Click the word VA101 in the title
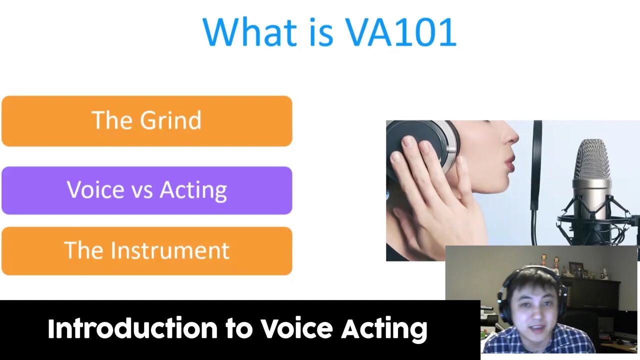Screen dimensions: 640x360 pyautogui.click(x=401, y=31)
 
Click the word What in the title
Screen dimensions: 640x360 pyautogui.click(x=249, y=31)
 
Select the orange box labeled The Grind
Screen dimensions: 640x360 pyautogui.click(x=147, y=121)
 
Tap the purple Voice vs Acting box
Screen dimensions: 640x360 pyautogui.click(x=147, y=190)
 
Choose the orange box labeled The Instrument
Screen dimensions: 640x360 pyautogui.click(x=147, y=251)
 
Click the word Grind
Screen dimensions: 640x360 pyautogui.click(x=170, y=120)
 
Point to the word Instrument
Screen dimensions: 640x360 pyautogui.click(x=170, y=250)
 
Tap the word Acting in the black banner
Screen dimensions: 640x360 pyautogui.click(x=384, y=329)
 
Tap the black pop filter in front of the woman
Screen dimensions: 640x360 pyautogui.click(x=536, y=183)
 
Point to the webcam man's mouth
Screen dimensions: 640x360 pyautogui.click(x=537, y=328)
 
